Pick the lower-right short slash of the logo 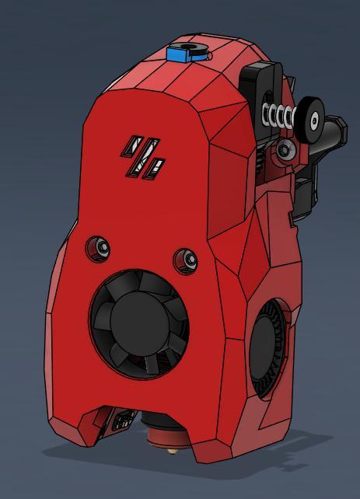coord(157,166)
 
